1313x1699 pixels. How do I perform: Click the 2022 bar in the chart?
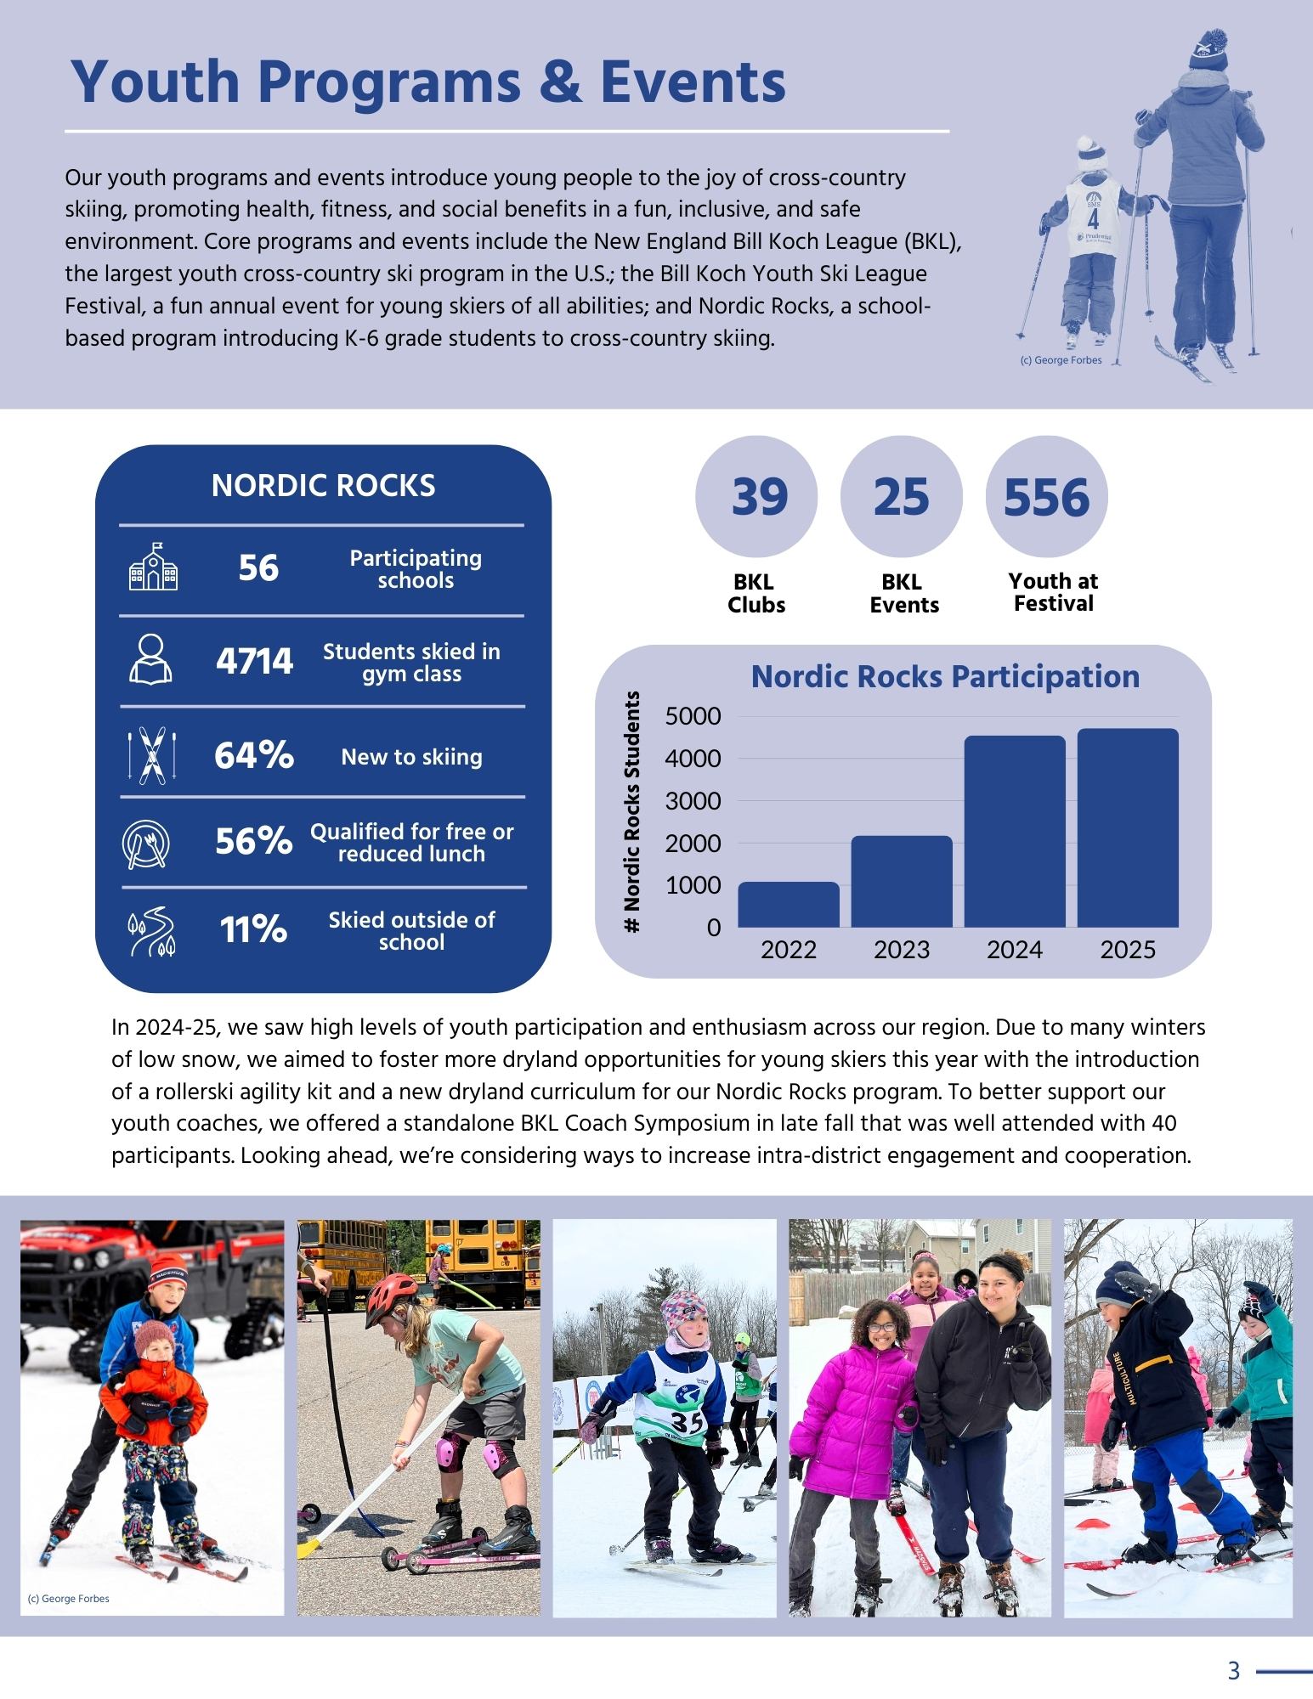(x=788, y=905)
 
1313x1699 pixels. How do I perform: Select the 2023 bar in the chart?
(x=902, y=882)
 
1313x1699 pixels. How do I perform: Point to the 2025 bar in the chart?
(x=1128, y=827)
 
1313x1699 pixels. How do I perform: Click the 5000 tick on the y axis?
(x=693, y=716)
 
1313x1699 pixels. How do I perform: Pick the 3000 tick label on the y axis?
(x=693, y=801)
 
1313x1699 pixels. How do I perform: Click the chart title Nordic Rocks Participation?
(x=945, y=676)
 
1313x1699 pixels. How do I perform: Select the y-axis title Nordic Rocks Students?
(x=631, y=811)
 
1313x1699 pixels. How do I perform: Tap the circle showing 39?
(x=756, y=497)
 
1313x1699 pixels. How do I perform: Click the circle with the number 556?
(x=1046, y=497)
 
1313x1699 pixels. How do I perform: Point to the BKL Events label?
(x=903, y=593)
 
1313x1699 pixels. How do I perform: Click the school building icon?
(x=153, y=567)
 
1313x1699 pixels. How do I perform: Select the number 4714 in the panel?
(x=254, y=661)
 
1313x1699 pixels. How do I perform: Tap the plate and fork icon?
(x=146, y=844)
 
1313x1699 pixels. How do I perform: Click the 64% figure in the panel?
(x=253, y=754)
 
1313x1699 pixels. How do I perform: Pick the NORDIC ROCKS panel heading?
(x=323, y=486)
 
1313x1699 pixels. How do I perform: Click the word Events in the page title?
(x=693, y=82)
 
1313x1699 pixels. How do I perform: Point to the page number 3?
(x=1234, y=1671)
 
